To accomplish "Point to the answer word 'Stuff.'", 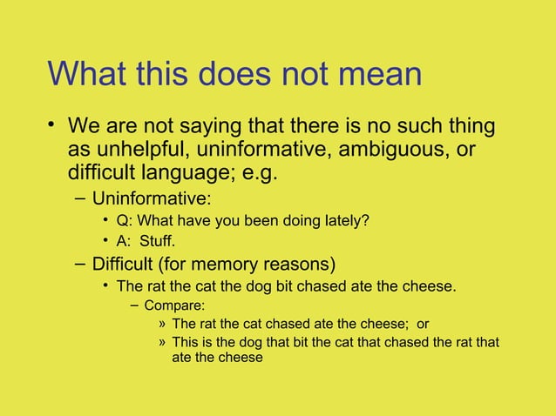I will (169, 241).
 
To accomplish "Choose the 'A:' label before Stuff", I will (125, 241).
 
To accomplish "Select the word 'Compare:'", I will (174, 305).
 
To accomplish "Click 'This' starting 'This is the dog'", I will (187, 342).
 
